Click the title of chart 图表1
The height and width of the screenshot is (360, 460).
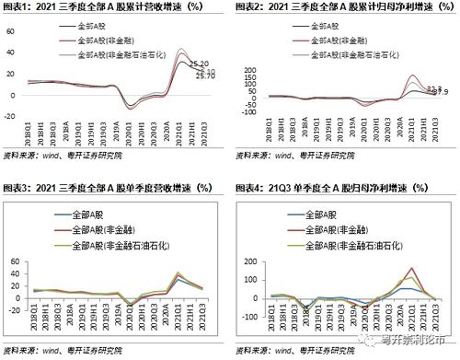point(110,7)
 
